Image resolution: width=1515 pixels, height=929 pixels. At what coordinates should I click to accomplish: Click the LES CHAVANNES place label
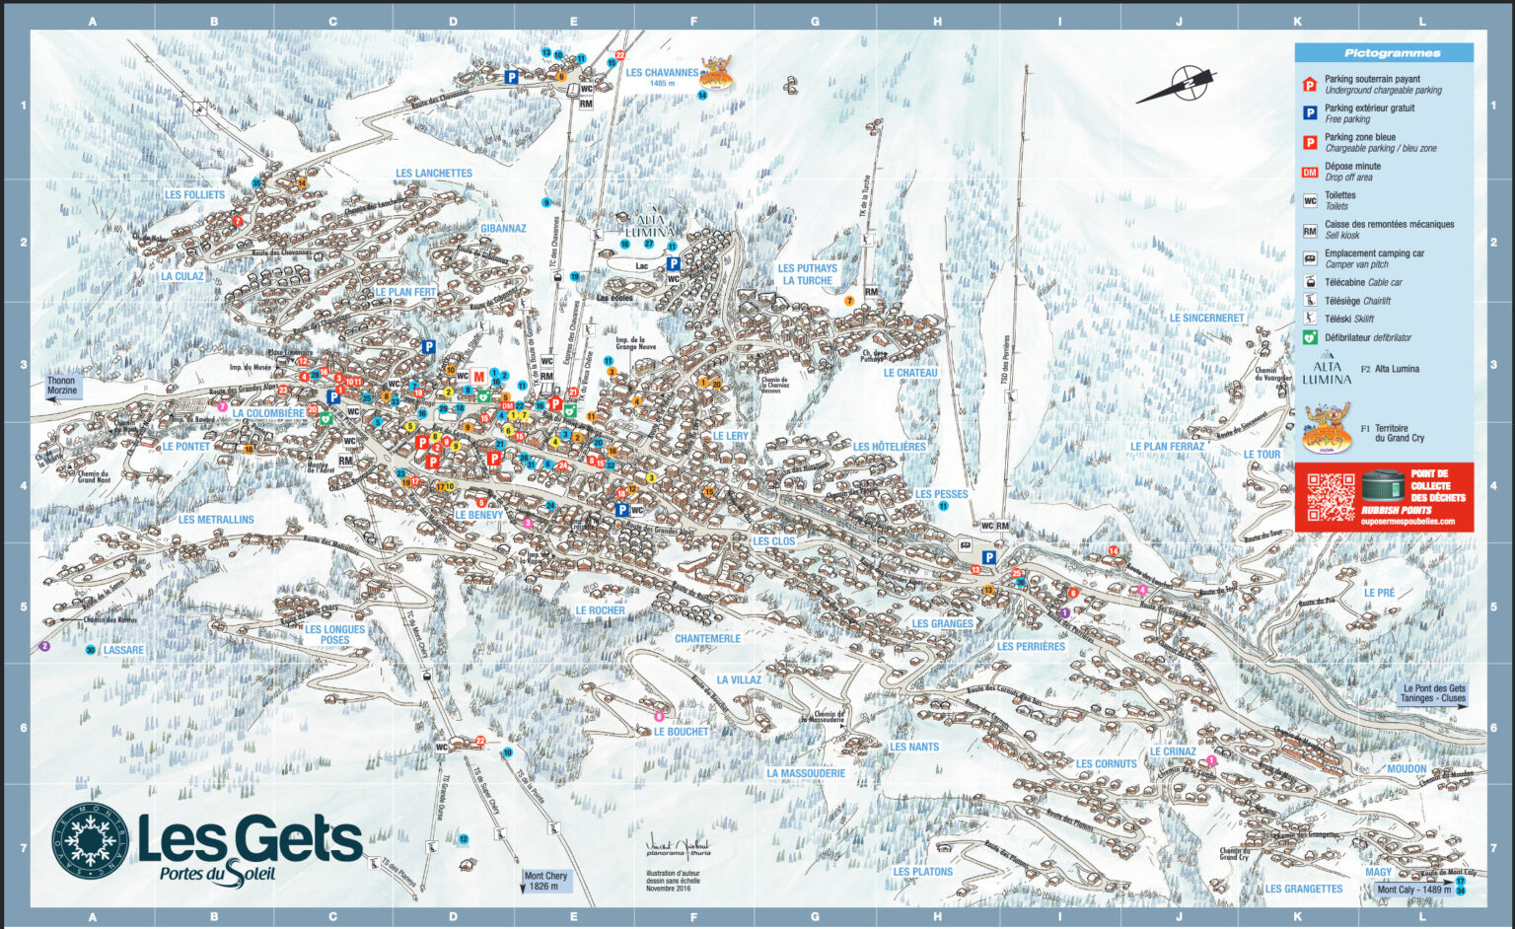(x=662, y=73)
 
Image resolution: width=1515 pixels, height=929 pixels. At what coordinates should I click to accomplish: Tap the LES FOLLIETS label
(x=194, y=195)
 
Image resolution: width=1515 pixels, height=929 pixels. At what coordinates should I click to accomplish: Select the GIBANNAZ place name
(x=503, y=229)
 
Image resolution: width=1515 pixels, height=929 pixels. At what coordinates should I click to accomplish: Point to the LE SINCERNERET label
(x=1206, y=319)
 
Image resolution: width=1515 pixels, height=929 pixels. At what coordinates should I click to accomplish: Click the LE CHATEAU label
(x=910, y=374)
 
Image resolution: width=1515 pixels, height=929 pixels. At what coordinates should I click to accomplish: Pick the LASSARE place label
(x=123, y=651)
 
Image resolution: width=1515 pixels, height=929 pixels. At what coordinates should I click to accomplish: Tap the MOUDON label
(x=1407, y=769)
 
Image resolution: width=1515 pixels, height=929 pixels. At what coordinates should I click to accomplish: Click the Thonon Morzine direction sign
(x=61, y=386)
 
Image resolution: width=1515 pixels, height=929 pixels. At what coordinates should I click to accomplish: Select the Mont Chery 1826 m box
(x=545, y=881)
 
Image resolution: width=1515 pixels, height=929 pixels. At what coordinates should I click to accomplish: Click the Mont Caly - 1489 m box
(x=1413, y=890)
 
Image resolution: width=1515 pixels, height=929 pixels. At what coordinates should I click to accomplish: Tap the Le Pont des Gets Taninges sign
(x=1433, y=693)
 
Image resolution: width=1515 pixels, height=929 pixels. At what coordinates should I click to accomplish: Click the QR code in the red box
(x=1331, y=497)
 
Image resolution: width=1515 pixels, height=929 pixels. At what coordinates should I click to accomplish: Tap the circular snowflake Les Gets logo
(x=90, y=844)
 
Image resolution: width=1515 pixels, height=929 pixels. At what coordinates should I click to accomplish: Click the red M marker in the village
(x=479, y=377)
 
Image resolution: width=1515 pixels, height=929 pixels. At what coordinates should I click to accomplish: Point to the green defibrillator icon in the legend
(x=1310, y=337)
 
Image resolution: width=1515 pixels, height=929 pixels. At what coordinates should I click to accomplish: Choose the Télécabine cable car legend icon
(x=1310, y=283)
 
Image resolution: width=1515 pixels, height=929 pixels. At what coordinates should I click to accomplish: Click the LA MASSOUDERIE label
(x=806, y=774)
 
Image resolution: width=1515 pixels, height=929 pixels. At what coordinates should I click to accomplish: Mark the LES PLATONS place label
(x=922, y=872)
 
